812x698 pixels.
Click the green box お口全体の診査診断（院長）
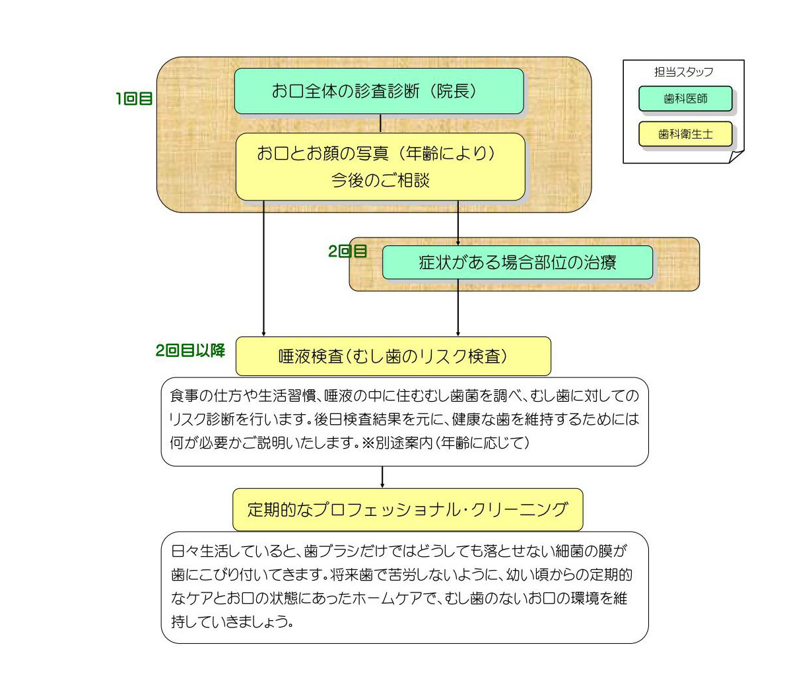pos(379,91)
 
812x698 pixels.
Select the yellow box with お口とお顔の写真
pos(380,167)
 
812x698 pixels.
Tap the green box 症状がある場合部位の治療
pos(518,263)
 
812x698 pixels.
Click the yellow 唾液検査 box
pos(393,356)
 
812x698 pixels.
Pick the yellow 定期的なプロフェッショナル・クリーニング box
pos(408,509)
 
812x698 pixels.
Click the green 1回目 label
pos(134,98)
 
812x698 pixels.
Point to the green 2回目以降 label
pos(191,350)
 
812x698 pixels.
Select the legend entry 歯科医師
pos(685,98)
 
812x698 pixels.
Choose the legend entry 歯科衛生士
pos(685,135)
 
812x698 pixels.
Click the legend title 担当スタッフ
pos(683,72)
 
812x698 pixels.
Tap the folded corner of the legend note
pos(736,156)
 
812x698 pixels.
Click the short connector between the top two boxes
pos(380,123)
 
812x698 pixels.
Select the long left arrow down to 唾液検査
pos(263,269)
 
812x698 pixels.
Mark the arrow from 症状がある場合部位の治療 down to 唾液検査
pos(458,308)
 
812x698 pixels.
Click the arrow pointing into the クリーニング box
pos(382,478)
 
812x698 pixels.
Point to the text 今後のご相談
pos(380,180)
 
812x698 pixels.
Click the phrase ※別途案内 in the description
pos(396,443)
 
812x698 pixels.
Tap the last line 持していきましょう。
pos(232,621)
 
